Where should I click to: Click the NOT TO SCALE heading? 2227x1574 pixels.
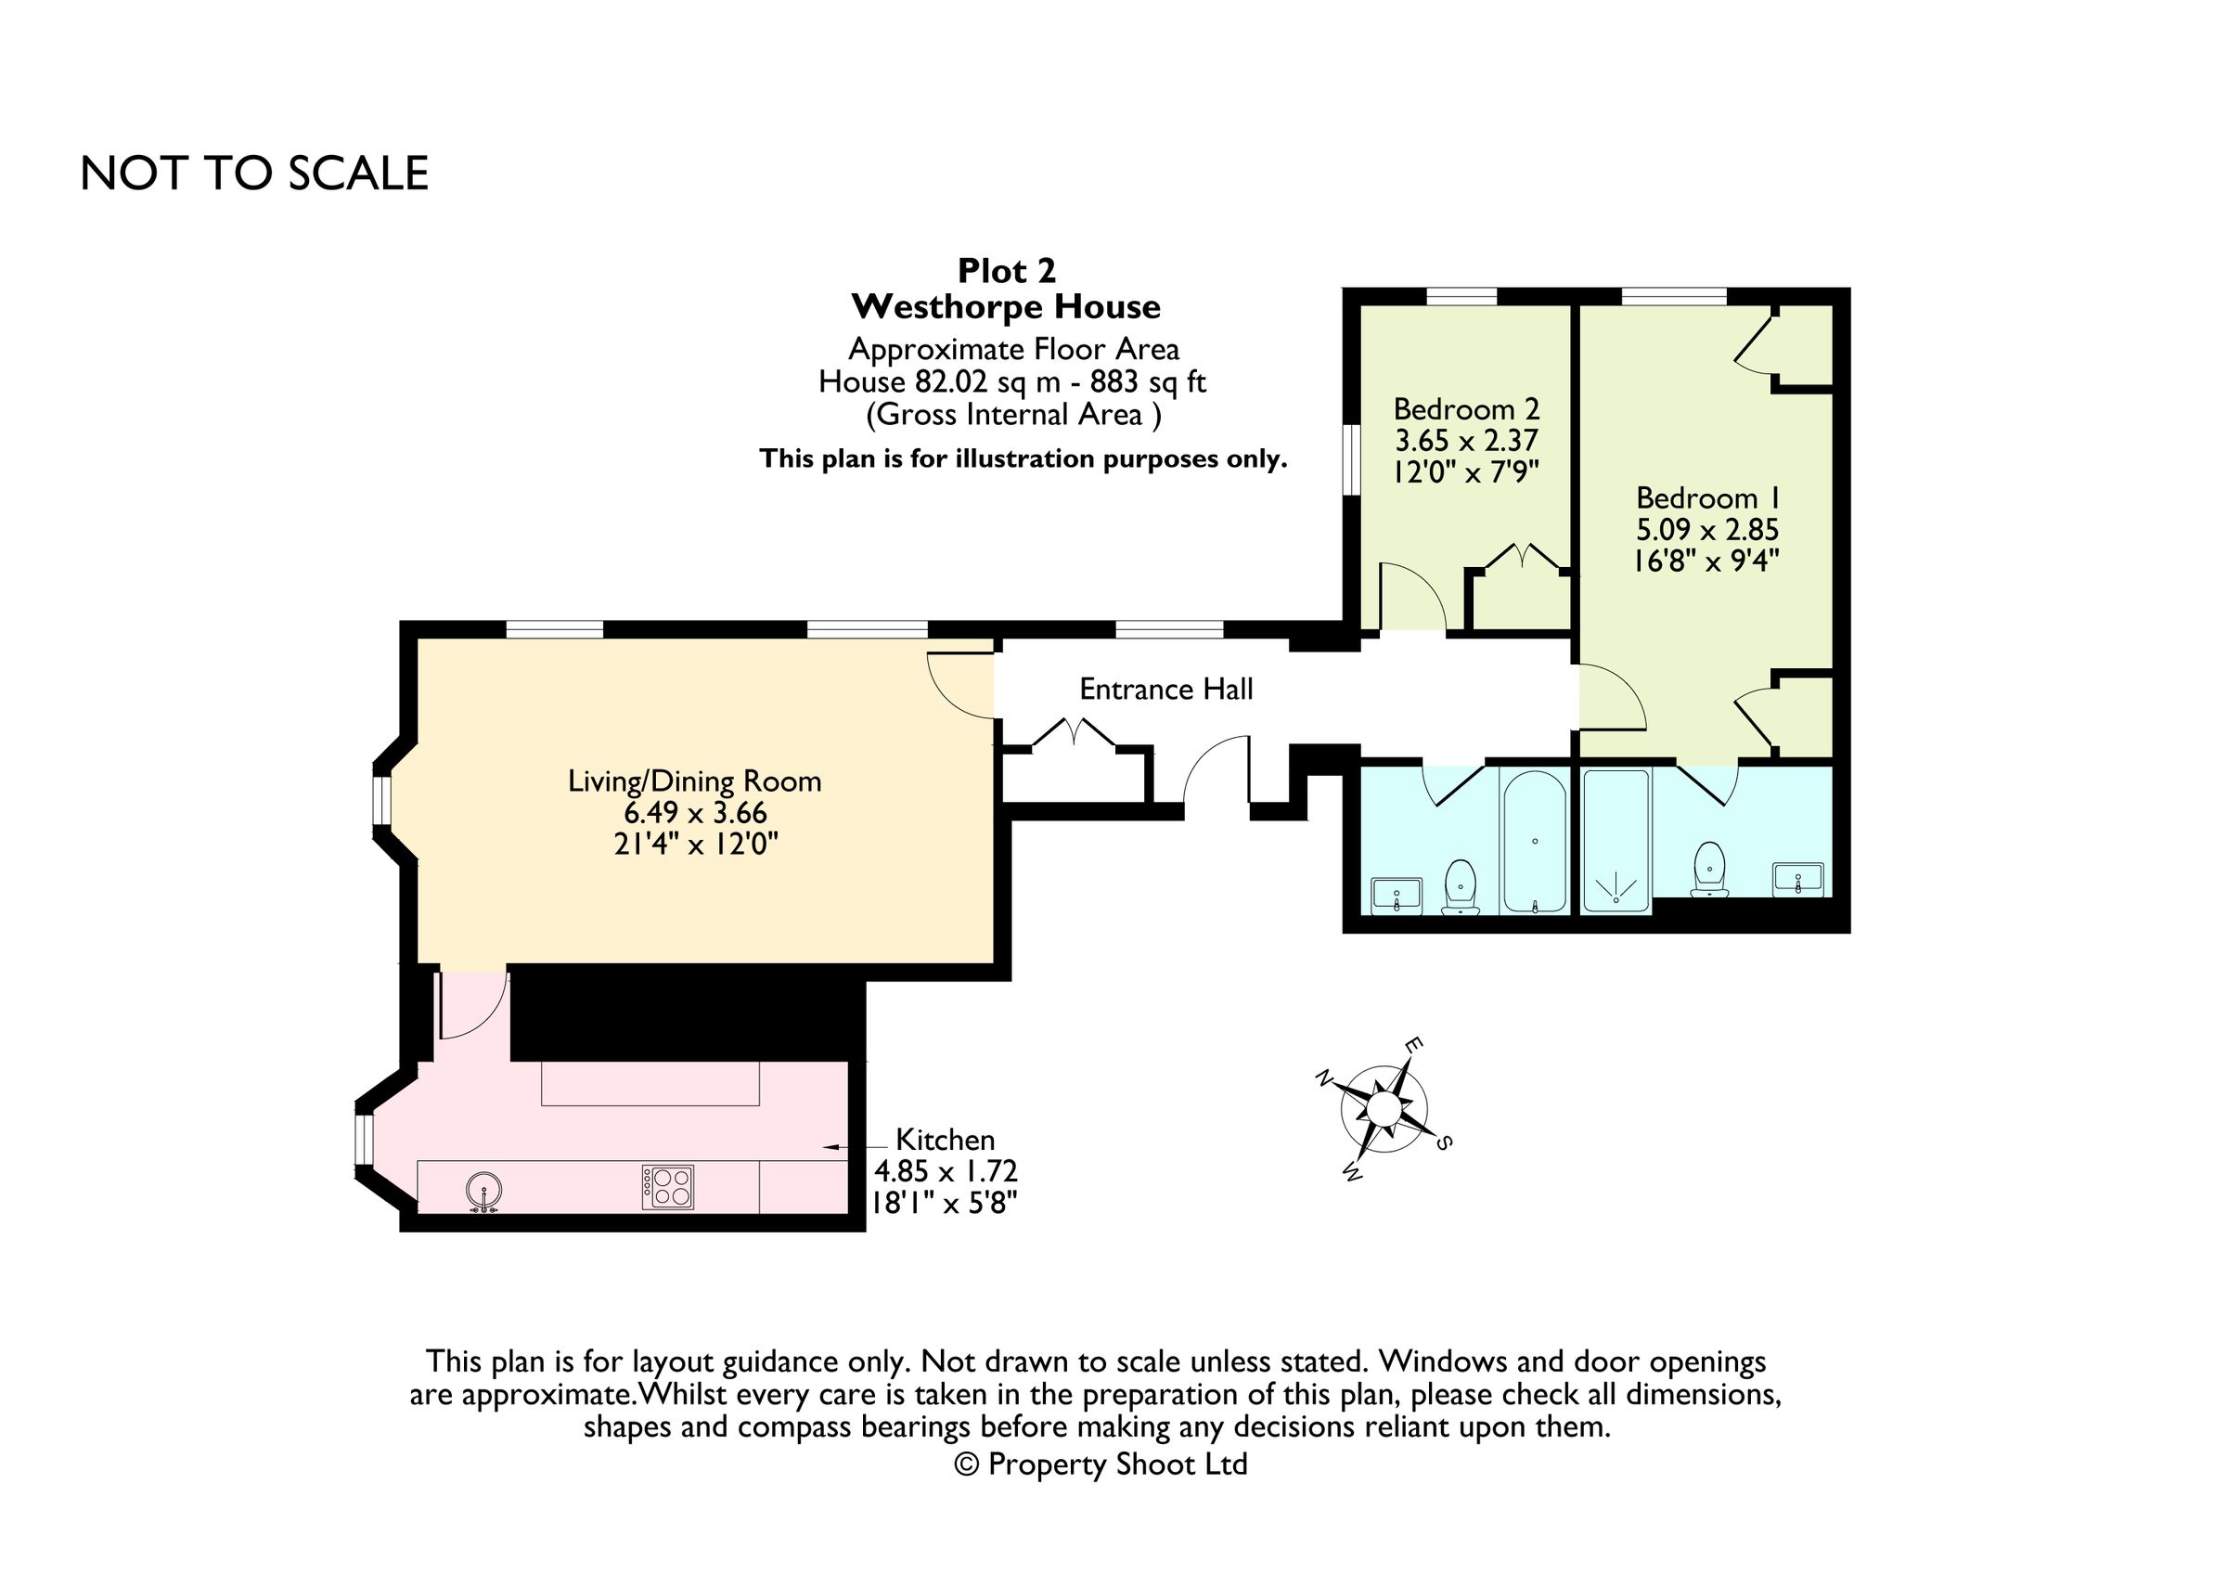pyautogui.click(x=254, y=174)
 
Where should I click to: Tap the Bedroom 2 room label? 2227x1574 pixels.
pyautogui.click(x=1466, y=408)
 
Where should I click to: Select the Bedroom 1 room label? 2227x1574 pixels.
pyautogui.click(x=1708, y=497)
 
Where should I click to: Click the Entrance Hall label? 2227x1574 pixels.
pyautogui.click(x=1165, y=689)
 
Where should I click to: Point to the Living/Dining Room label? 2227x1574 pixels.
pyautogui.click(x=694, y=781)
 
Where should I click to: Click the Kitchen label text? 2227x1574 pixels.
pyautogui.click(x=945, y=1139)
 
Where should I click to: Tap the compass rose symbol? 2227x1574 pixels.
pyautogui.click(x=1384, y=1109)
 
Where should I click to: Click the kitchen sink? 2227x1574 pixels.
pyautogui.click(x=483, y=1192)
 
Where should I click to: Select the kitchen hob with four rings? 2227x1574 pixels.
pyautogui.click(x=667, y=1187)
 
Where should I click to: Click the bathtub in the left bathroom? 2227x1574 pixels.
pyautogui.click(x=1535, y=840)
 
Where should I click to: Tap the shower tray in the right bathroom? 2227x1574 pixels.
pyautogui.click(x=1616, y=841)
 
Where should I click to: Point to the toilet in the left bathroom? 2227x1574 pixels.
pyautogui.click(x=1460, y=886)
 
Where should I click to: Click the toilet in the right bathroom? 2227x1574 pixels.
pyautogui.click(x=1709, y=869)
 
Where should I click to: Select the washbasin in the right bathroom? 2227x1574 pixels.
pyautogui.click(x=1797, y=880)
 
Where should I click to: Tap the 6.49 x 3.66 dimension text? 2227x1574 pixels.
pyautogui.click(x=695, y=813)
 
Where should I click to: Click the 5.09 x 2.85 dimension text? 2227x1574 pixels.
pyautogui.click(x=1707, y=530)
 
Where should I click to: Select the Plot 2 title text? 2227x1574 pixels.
pyautogui.click(x=1007, y=270)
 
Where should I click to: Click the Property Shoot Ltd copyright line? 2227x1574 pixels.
pyautogui.click(x=1101, y=1464)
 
